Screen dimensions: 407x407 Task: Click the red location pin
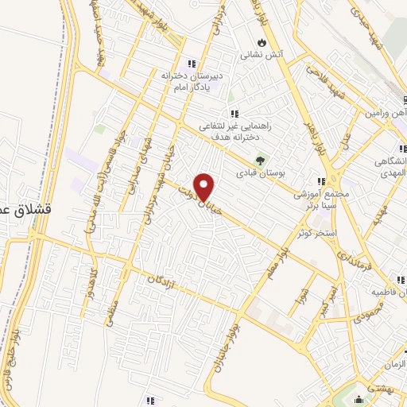click(205, 186)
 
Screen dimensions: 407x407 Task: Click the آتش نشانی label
click(262, 56)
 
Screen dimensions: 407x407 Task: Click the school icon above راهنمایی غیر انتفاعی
click(234, 114)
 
